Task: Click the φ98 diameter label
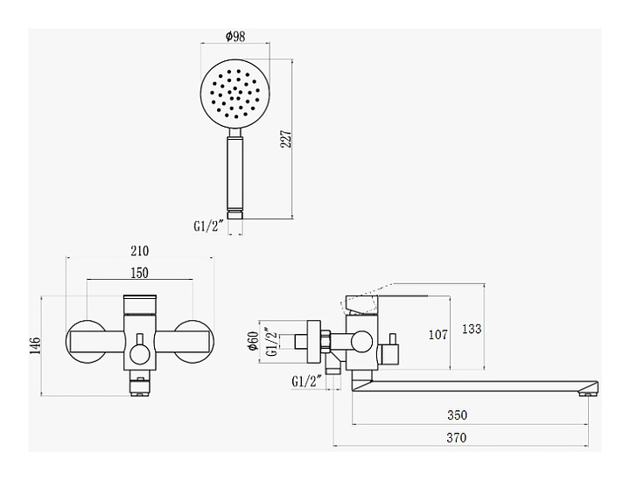coord(234,36)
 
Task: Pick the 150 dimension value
coord(139,274)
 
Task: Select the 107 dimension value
coord(438,333)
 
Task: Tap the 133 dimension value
coord(472,329)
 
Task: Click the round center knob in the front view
coord(139,353)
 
